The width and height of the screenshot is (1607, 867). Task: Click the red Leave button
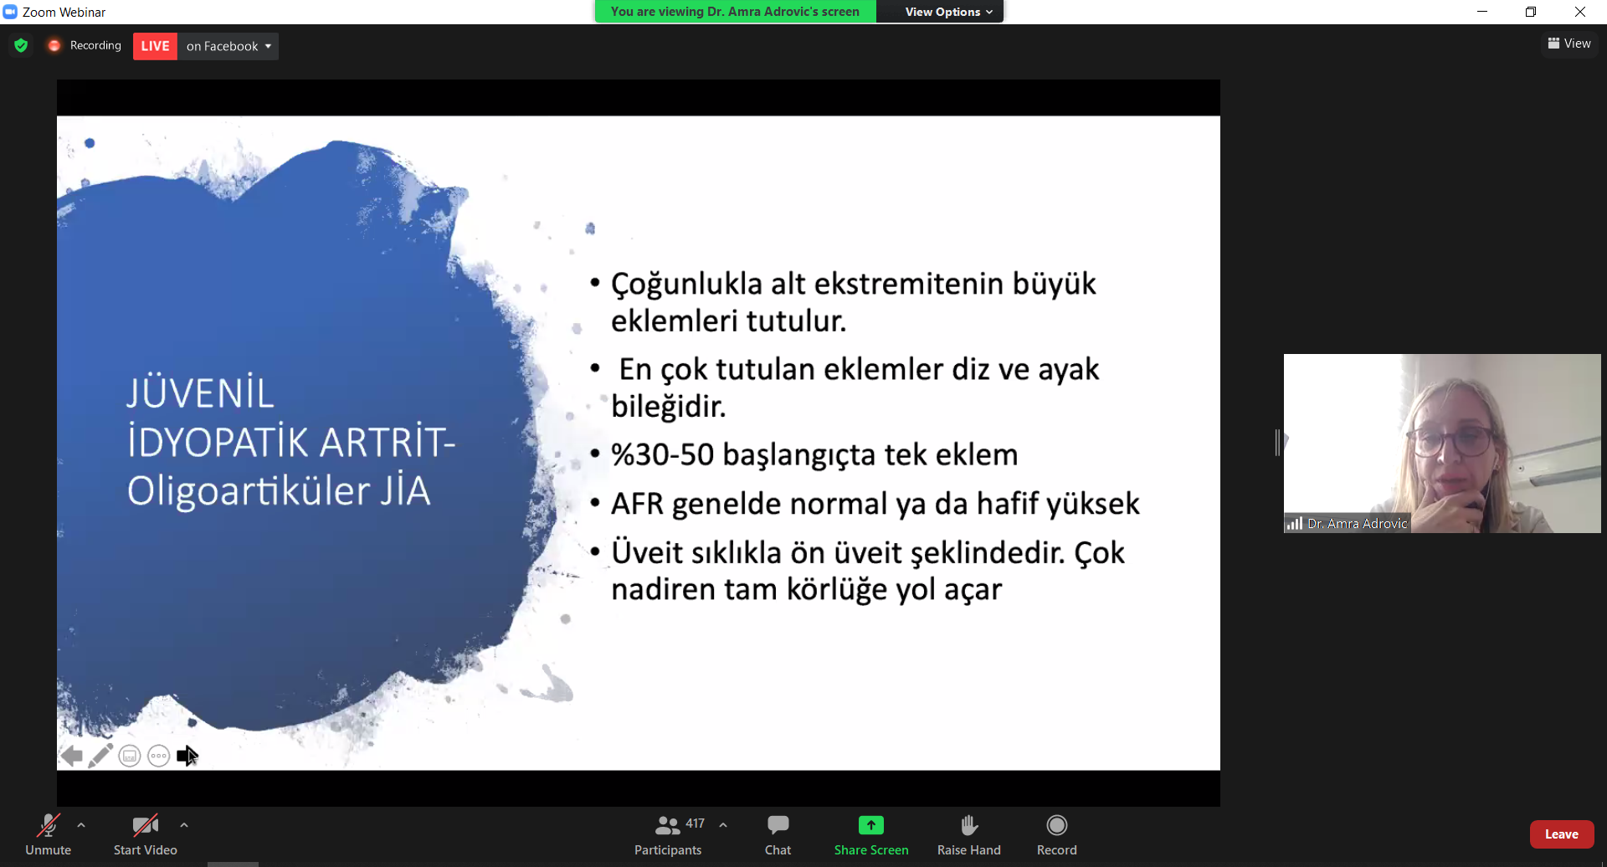1561,834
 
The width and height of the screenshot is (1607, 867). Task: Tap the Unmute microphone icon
49,826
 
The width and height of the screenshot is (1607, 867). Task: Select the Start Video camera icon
146,826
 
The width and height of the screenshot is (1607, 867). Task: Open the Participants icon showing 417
668,825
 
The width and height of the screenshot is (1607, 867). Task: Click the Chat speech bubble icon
778,825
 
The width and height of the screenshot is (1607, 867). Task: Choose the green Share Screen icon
870,825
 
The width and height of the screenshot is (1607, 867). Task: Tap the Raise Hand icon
969,825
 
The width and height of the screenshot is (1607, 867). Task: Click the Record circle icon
1057,825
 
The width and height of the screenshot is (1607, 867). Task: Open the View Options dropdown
948,12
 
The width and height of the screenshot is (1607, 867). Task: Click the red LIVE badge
155,46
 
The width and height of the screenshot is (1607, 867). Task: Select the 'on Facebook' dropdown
228,46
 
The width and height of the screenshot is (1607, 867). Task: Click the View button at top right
1569,44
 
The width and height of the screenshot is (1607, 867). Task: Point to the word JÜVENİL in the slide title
200,393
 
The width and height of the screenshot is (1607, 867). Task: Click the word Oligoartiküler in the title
249,490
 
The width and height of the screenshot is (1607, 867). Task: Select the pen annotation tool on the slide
100,756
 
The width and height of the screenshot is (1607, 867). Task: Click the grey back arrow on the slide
72,756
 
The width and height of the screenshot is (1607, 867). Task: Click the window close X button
1580,12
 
